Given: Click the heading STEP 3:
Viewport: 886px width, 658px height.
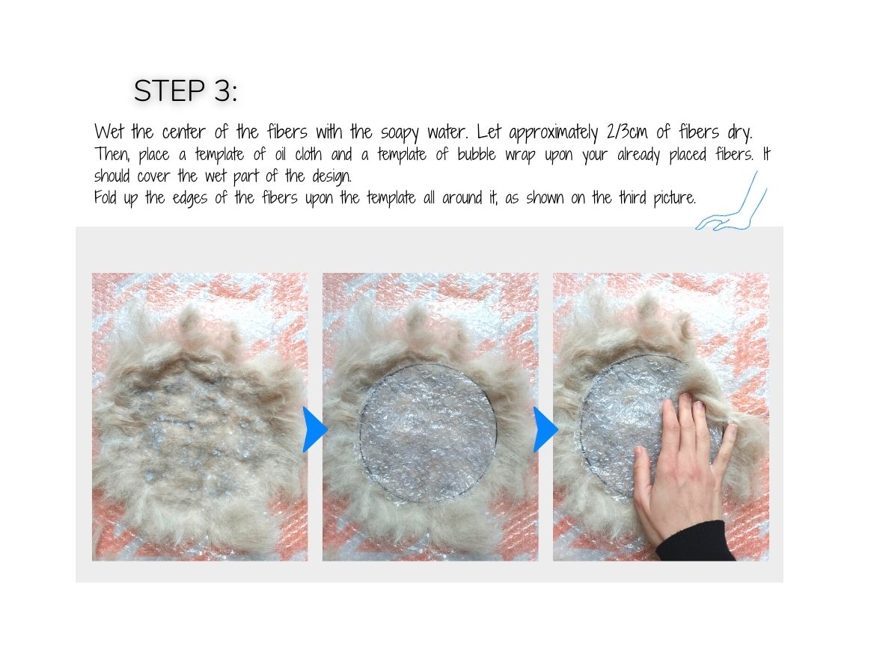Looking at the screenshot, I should [185, 91].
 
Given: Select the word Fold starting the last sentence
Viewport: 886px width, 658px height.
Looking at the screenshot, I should [107, 199].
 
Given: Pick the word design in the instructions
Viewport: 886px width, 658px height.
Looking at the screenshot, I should [331, 178].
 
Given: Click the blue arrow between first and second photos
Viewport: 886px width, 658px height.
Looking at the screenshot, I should [315, 430].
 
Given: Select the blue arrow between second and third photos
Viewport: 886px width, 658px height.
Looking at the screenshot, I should [546, 430].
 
